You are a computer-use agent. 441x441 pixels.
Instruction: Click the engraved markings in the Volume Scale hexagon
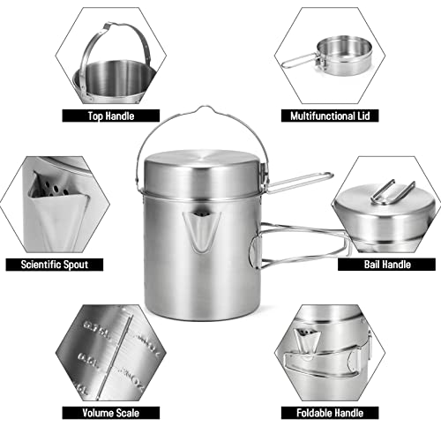(110, 348)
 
